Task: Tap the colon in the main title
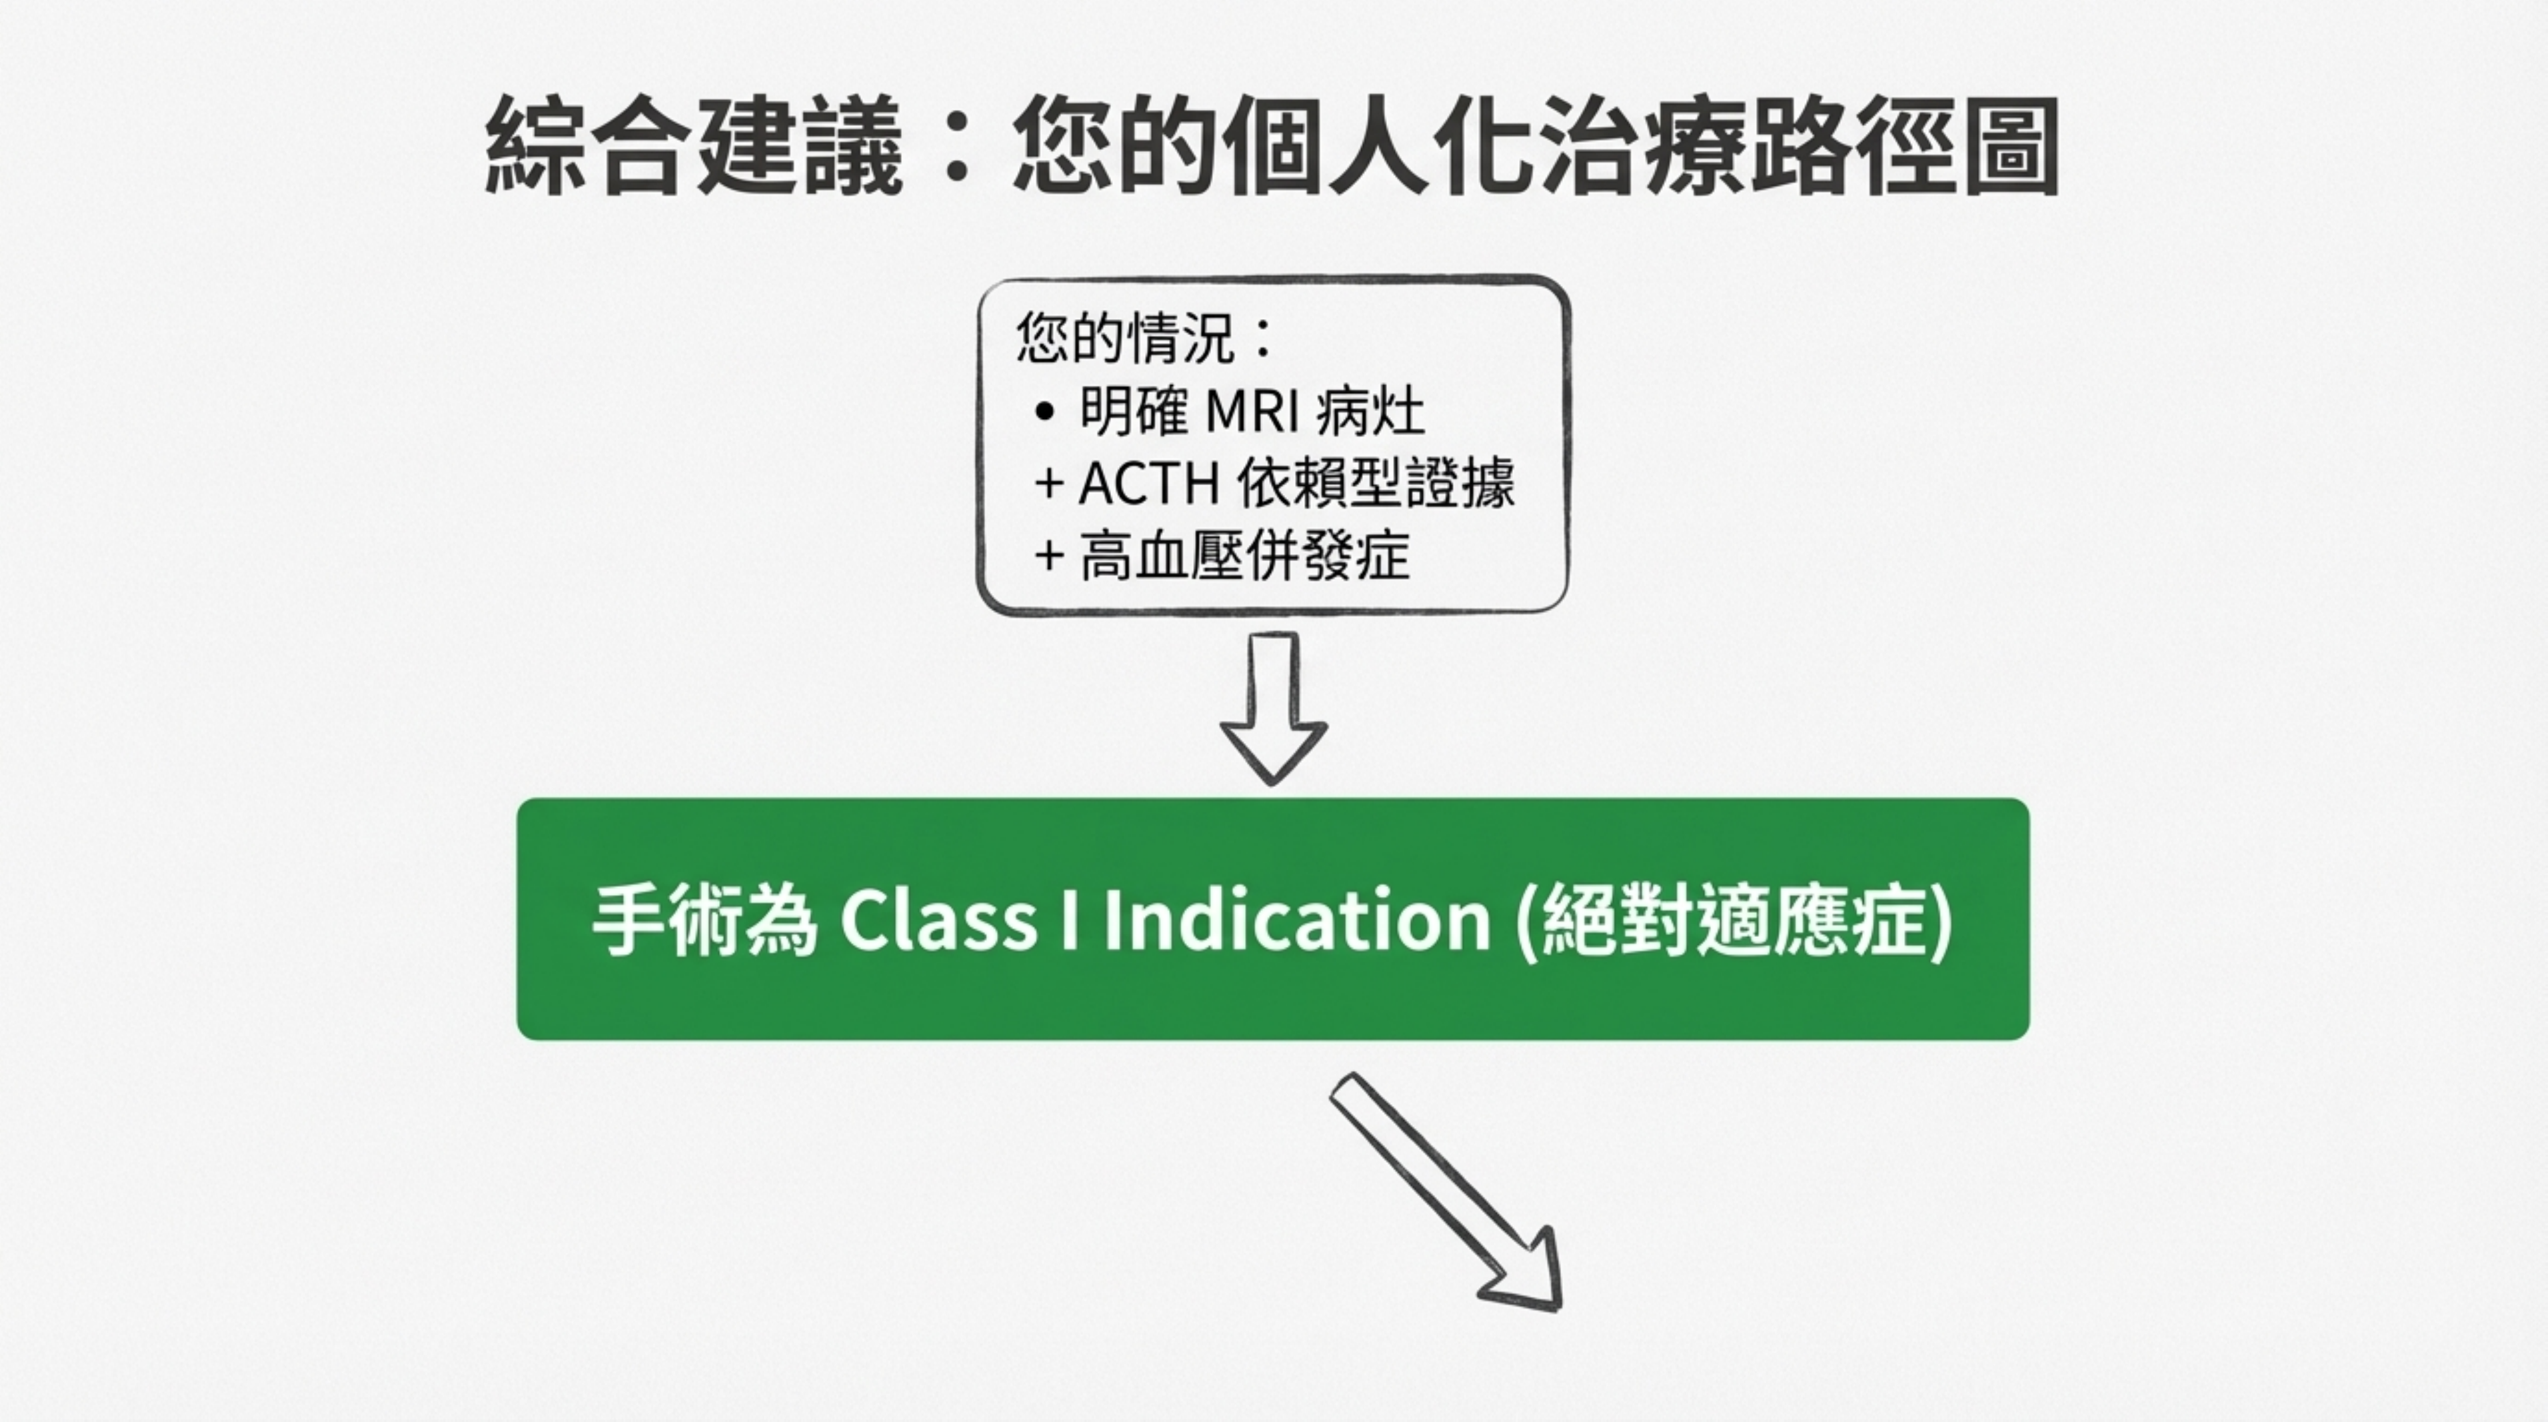[x=956, y=149]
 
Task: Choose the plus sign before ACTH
[x=1048, y=484]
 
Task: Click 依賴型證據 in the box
[x=1376, y=484]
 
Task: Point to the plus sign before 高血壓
[x=1048, y=556]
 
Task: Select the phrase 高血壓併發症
[x=1244, y=556]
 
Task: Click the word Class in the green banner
[x=938, y=920]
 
